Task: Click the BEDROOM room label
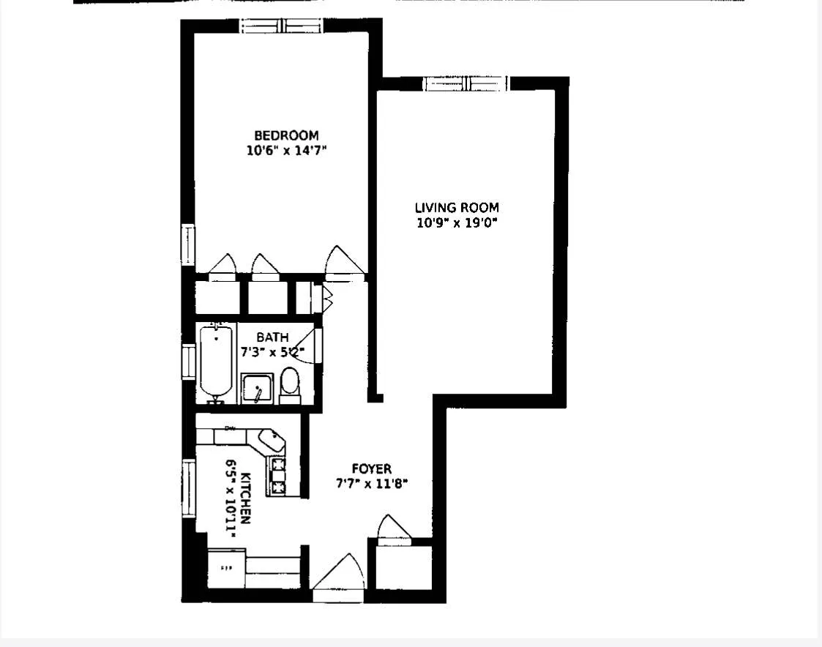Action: click(286, 135)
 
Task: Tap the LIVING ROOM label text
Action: click(457, 208)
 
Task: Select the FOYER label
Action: click(371, 468)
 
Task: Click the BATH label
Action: click(272, 337)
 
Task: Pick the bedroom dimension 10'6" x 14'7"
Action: click(286, 151)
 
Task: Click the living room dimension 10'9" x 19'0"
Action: click(457, 223)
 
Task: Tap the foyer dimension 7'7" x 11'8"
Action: click(371, 483)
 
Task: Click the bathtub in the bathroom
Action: click(216, 362)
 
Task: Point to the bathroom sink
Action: click(257, 388)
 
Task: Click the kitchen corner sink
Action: click(272, 441)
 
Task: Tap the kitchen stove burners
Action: click(279, 474)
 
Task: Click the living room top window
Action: click(467, 83)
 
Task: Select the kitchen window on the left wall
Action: click(189, 488)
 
